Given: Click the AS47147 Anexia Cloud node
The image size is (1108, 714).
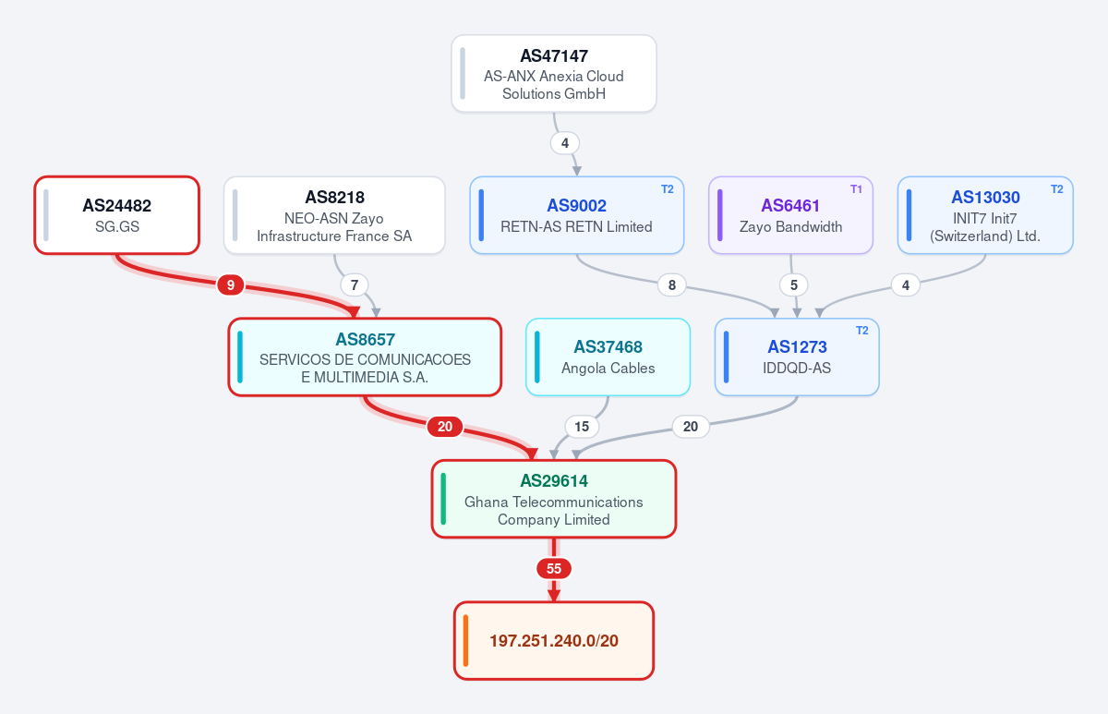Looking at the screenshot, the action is click(x=553, y=74).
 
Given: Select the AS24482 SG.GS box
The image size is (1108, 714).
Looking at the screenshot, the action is click(x=116, y=215).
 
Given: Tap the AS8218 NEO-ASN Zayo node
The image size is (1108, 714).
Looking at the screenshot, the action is click(x=334, y=215).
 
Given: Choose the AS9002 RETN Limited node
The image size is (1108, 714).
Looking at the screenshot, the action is click(x=577, y=215).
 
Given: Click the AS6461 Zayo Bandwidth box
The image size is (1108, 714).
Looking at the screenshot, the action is click(x=790, y=215).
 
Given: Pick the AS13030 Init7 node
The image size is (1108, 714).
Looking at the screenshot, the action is click(x=985, y=215).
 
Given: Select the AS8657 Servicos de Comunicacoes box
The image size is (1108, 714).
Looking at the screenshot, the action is click(x=365, y=357).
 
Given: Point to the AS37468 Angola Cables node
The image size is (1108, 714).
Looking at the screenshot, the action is click(x=608, y=357).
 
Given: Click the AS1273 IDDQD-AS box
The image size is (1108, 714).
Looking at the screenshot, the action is click(x=797, y=357).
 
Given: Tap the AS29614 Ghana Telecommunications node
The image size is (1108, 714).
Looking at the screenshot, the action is click(x=553, y=499).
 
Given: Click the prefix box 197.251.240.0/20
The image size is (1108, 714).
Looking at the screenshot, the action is click(x=553, y=641).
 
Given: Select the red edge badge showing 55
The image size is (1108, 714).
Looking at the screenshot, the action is click(x=553, y=569).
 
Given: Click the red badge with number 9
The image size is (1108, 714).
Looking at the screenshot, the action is click(x=230, y=285).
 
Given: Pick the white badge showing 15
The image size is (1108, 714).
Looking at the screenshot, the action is click(x=582, y=427).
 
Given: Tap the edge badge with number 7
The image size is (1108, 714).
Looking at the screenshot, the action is click(x=355, y=285).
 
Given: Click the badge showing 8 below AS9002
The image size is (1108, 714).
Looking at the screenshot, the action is click(x=672, y=285).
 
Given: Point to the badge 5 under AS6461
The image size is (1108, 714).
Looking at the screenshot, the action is click(x=794, y=285).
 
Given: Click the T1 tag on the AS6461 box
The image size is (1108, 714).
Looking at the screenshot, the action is click(x=856, y=189).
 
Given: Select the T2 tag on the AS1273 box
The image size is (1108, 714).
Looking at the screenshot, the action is click(x=862, y=331).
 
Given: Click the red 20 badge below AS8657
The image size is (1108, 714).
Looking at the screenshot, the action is click(x=445, y=427).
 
